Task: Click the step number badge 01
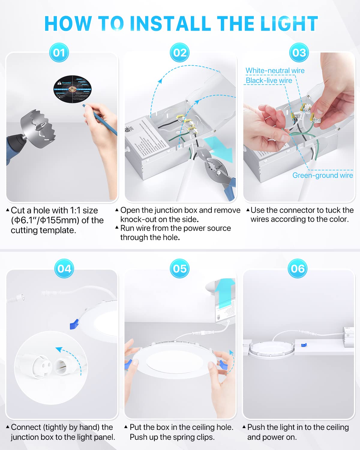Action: [59, 53]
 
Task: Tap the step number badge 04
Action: [64, 268]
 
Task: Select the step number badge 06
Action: [298, 268]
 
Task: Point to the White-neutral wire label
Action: [275, 70]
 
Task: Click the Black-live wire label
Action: [269, 80]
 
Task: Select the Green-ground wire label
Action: [322, 175]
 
